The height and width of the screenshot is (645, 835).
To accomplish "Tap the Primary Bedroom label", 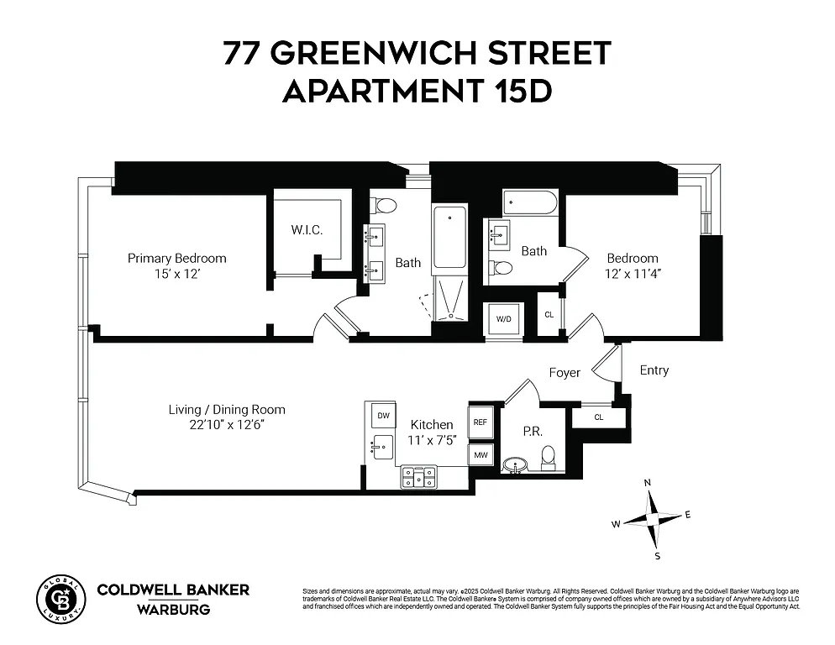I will (x=176, y=258).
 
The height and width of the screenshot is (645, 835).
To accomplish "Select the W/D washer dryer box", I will (x=504, y=319).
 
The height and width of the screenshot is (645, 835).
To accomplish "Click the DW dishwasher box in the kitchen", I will (x=383, y=416).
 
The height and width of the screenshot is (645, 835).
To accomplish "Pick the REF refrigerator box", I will (x=481, y=422).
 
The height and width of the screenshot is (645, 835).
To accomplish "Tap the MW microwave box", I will (x=481, y=455).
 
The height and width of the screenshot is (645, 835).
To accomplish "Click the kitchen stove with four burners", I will (x=417, y=477).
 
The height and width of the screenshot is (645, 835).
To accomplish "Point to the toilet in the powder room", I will (x=549, y=457).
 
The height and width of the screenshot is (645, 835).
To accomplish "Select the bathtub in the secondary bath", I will (x=529, y=204).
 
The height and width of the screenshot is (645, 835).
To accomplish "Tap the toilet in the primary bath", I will (x=386, y=205).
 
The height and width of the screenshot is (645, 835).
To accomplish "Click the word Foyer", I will (x=565, y=372).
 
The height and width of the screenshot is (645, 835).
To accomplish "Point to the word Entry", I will (x=654, y=370).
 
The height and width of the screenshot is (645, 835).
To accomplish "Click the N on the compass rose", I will (x=647, y=483).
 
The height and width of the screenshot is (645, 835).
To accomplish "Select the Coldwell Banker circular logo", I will (x=60, y=597).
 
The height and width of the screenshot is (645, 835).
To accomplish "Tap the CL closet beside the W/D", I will (x=549, y=315).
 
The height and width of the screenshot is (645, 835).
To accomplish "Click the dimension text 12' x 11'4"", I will (x=633, y=273).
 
